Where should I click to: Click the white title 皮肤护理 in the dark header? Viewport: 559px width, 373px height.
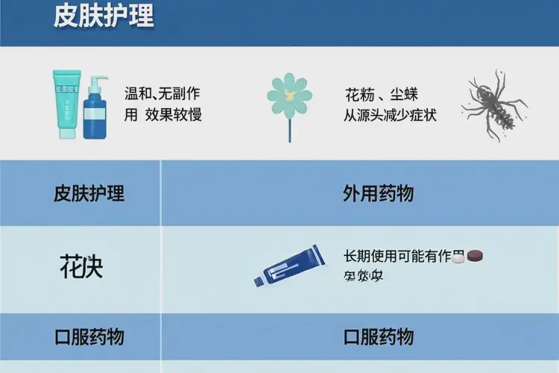[x=104, y=16]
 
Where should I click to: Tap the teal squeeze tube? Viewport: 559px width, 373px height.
[x=67, y=104]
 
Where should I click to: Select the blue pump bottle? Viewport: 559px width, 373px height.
[x=95, y=112]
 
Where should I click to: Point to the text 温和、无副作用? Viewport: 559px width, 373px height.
[x=162, y=95]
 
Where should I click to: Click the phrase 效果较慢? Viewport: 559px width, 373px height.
[x=174, y=115]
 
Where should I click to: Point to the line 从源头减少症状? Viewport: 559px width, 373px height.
[x=390, y=115]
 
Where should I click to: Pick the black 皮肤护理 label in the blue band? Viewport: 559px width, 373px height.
[x=89, y=194]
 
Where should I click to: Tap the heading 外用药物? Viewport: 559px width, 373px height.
[x=379, y=194]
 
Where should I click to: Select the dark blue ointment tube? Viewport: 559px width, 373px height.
[x=292, y=266]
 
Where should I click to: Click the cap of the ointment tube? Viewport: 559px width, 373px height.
[x=259, y=280]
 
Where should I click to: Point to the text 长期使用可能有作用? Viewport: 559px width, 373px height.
[x=398, y=256]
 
